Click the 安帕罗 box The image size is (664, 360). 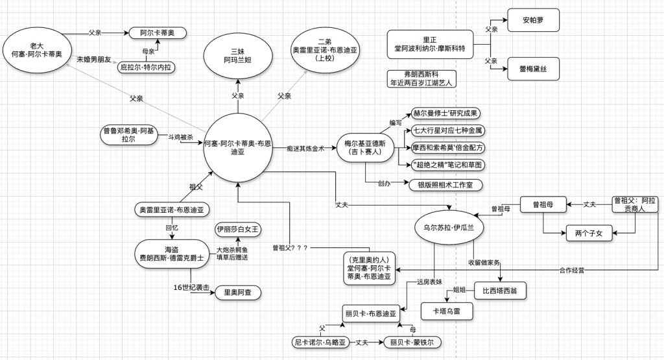(532, 21)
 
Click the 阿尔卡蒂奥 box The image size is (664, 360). (157, 32)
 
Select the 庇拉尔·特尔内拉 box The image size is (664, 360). (147, 67)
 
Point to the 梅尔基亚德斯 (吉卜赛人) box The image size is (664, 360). (362, 148)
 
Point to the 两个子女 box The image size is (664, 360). (588, 232)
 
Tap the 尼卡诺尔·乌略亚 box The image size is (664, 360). (320, 342)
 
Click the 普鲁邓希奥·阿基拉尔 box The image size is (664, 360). (129, 134)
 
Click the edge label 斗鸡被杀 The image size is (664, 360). (180, 138)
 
